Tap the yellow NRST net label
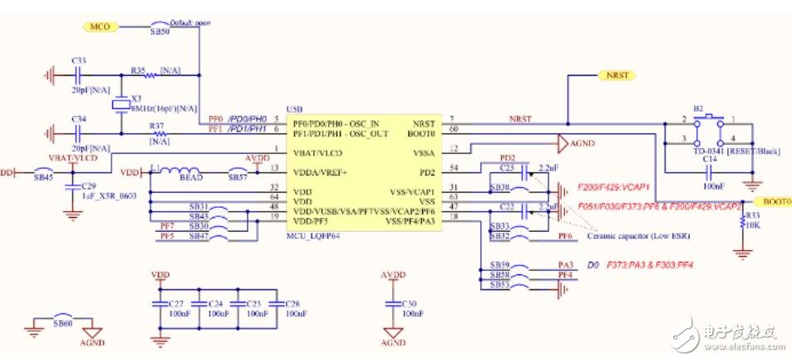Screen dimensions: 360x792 coord(616,76)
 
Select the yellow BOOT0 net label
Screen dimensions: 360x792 coord(773,201)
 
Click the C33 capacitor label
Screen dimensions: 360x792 coord(79,62)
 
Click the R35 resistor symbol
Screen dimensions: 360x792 coord(150,76)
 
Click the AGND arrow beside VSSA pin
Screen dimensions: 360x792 coord(563,143)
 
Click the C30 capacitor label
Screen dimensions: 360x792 coord(409,304)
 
